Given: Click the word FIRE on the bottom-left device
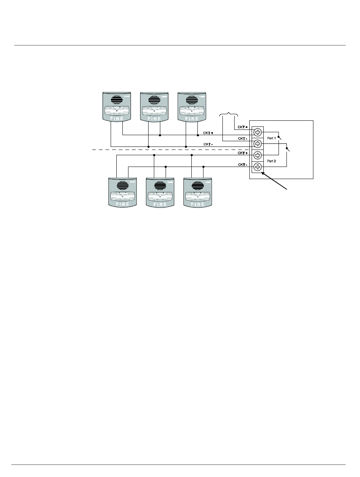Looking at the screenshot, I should coord(122,204).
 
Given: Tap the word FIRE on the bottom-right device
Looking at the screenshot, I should coord(197,204).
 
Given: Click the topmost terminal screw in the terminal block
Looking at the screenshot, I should coord(258,132).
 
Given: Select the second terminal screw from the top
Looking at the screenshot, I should coord(258,144).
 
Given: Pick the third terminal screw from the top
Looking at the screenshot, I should coord(258,155).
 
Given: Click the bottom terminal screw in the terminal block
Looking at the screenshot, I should coord(258,167).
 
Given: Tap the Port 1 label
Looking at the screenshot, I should coord(271,138).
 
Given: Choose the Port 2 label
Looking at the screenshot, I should coord(271,161).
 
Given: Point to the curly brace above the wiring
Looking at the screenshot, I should coord(229,114).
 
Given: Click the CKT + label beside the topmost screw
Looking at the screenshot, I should coord(242,127).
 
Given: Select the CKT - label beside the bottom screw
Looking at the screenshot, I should coord(242,165).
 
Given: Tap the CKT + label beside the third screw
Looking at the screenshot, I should coord(242,153).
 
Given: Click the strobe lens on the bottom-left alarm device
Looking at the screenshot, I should coord(122,196).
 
